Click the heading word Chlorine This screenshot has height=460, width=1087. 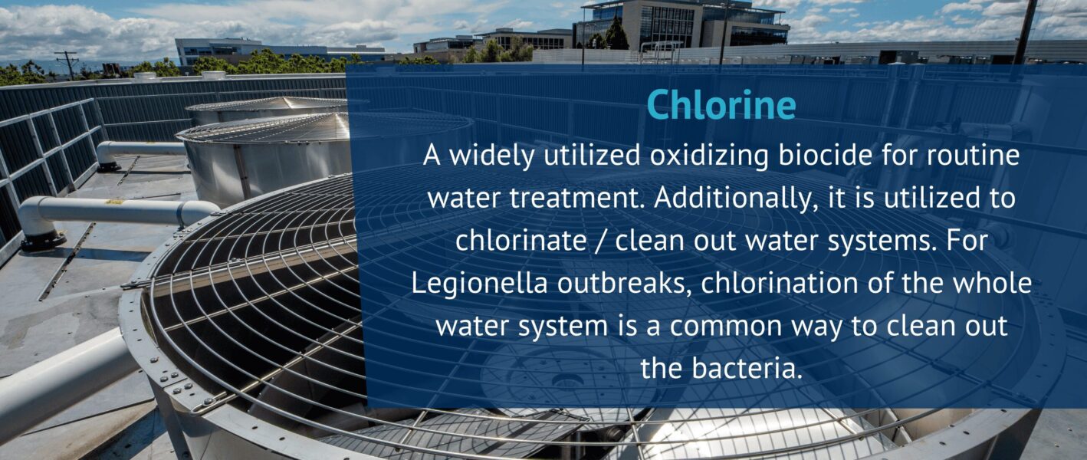point(721,105)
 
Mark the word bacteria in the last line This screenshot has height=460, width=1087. point(746,368)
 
